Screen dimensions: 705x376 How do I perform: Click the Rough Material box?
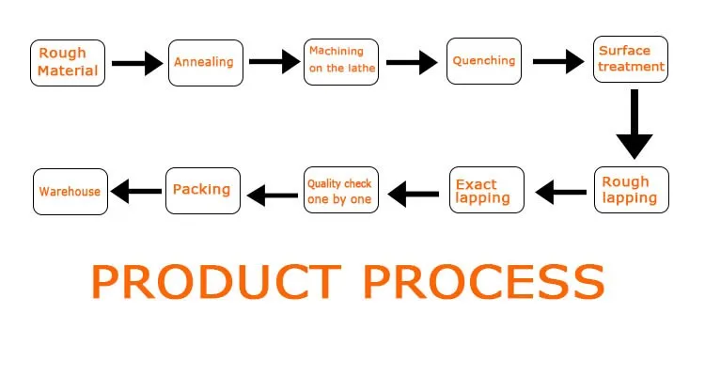click(68, 63)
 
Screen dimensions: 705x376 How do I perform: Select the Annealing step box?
click(206, 63)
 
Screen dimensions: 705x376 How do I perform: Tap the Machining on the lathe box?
click(341, 62)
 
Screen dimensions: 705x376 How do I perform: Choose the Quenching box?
click(484, 61)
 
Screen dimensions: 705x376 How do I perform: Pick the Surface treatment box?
click(631, 59)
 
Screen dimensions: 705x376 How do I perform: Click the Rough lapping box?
click(632, 190)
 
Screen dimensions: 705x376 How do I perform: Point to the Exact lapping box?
click(487, 190)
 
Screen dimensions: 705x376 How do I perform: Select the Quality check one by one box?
click(341, 190)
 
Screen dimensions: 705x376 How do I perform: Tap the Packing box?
click(203, 191)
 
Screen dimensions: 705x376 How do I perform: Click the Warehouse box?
click(70, 192)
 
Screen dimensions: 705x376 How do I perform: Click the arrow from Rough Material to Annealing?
click(137, 63)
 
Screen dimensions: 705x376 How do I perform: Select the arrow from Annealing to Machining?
click(274, 62)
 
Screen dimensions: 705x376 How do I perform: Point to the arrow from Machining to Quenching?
click(412, 62)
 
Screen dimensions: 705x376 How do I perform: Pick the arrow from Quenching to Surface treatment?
click(558, 62)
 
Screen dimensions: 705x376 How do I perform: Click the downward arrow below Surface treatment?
click(634, 124)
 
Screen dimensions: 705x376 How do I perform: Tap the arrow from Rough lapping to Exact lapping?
click(560, 193)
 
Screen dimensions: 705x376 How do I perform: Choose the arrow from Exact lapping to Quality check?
click(414, 195)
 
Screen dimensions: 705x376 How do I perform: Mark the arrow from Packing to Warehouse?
click(135, 191)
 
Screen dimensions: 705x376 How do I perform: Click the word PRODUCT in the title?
click(216, 282)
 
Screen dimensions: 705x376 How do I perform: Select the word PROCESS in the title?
click(484, 282)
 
